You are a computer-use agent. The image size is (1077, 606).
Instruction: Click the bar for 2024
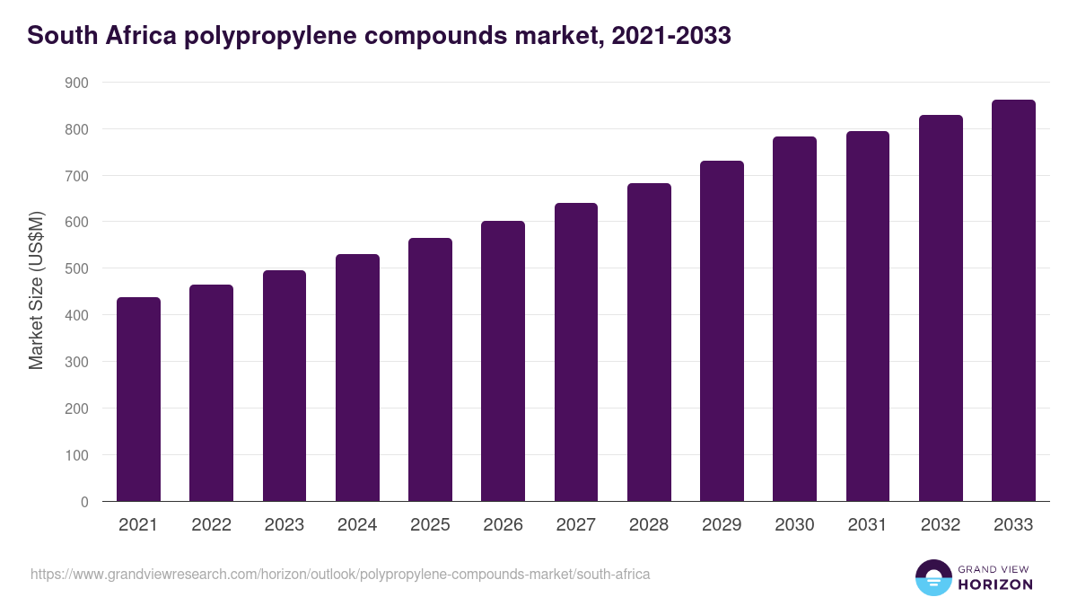point(357,378)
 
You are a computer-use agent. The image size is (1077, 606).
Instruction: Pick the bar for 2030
point(794,319)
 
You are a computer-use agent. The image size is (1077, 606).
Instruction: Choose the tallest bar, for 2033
point(1013,301)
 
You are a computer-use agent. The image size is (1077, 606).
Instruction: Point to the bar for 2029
point(722,331)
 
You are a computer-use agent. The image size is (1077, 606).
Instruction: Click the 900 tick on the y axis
point(77,83)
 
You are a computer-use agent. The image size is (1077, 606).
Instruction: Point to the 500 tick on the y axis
point(77,268)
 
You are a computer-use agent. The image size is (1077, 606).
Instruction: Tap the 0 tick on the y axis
point(84,502)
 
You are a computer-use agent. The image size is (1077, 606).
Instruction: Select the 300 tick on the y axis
point(77,362)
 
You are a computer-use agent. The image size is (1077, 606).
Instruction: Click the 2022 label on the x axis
point(211,525)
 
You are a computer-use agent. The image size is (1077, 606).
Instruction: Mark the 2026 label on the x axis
point(503,525)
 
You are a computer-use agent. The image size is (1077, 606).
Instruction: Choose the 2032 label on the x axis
point(941,525)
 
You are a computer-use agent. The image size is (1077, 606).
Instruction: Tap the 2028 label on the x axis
point(649,525)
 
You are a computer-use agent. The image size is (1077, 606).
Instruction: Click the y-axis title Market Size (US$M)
point(36,290)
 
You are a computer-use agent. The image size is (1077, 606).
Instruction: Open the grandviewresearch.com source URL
point(340,574)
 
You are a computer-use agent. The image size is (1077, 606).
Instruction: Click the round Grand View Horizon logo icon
point(933,578)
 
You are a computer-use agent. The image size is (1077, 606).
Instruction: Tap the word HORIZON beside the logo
point(994,584)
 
